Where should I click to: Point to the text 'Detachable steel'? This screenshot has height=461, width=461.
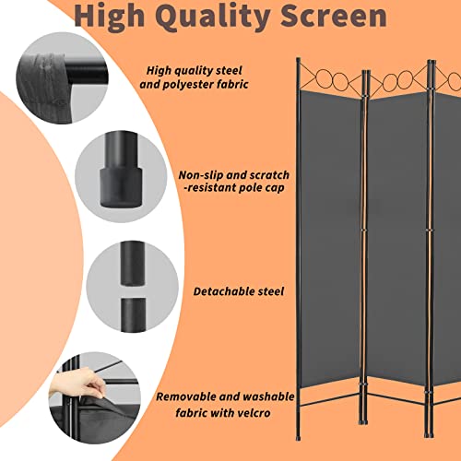[239, 291]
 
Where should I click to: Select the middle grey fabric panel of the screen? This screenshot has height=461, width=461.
[396, 230]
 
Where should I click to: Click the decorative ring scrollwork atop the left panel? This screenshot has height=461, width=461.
[327, 77]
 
